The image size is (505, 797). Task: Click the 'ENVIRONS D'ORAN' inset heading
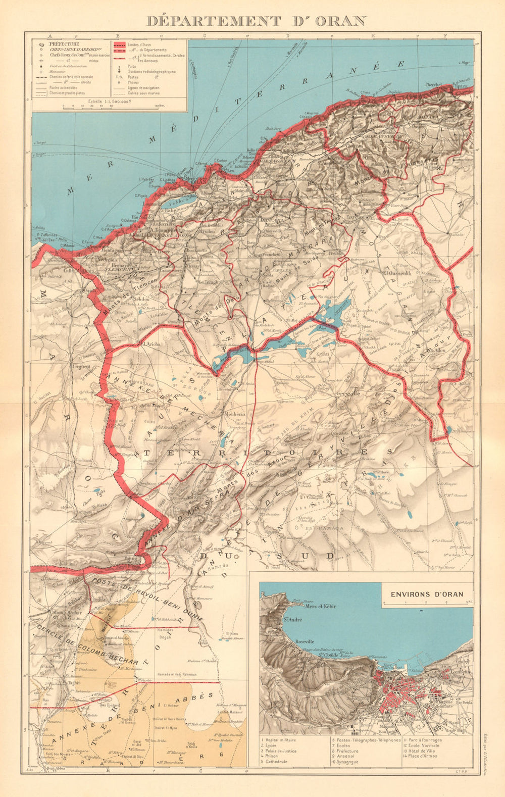pos(427,594)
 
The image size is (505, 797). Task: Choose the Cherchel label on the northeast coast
pos(434,85)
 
